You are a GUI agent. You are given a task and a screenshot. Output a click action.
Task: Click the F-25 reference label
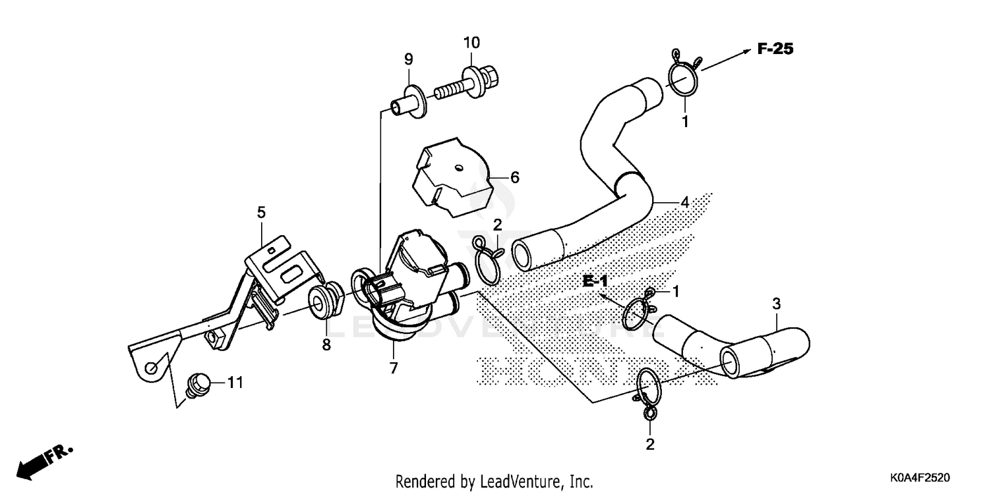(775, 49)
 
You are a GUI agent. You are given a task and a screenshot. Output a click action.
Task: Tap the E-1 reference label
(594, 282)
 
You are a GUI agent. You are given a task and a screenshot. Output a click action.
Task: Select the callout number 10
(471, 43)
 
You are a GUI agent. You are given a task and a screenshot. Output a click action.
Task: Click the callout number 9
(408, 59)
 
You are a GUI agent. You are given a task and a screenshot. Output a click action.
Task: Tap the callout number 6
(515, 177)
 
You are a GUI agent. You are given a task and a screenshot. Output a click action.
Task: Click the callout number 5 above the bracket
(261, 212)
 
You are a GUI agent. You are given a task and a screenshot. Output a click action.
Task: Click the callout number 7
(394, 368)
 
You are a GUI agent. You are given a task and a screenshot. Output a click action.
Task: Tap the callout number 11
(235, 382)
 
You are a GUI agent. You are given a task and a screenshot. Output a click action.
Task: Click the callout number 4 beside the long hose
(684, 202)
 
